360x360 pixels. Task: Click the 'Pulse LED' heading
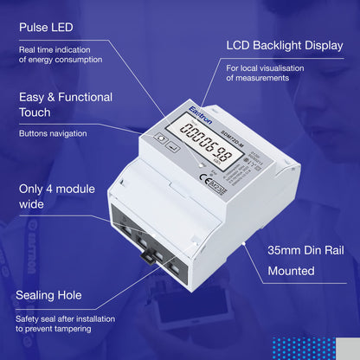[52, 28]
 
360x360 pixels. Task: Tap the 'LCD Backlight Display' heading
[285, 44]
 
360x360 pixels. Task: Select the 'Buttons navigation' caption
[53, 134]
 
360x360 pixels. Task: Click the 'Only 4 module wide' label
[55, 196]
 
